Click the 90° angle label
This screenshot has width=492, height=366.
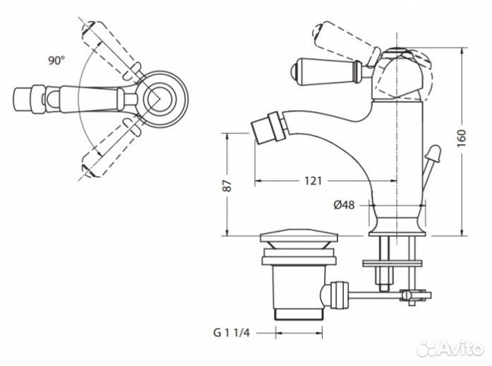pyautogui.click(x=56, y=60)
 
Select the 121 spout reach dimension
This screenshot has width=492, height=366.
pyautogui.click(x=313, y=181)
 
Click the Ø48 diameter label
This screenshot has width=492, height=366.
pyautogui.click(x=344, y=205)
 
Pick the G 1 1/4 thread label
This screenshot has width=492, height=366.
pyautogui.click(x=232, y=333)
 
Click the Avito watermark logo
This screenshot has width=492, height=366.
pyautogui.click(x=450, y=348)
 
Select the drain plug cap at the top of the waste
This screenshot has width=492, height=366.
pyautogui.click(x=299, y=235)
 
